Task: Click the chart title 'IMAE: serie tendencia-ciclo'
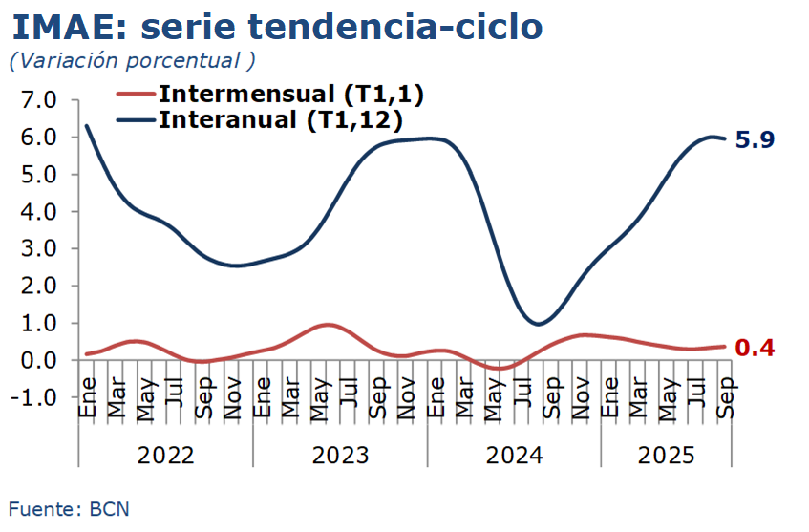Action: coord(278,26)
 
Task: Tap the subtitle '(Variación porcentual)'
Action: coord(132,60)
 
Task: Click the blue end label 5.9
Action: coord(756,139)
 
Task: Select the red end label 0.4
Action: coord(756,348)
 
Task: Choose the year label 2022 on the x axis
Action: coord(165,455)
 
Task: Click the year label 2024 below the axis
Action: coord(514,455)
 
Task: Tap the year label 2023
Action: coord(340,455)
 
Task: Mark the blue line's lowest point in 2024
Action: coord(538,324)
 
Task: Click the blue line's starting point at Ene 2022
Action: coord(87,125)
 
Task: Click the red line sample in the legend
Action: coord(135,94)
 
